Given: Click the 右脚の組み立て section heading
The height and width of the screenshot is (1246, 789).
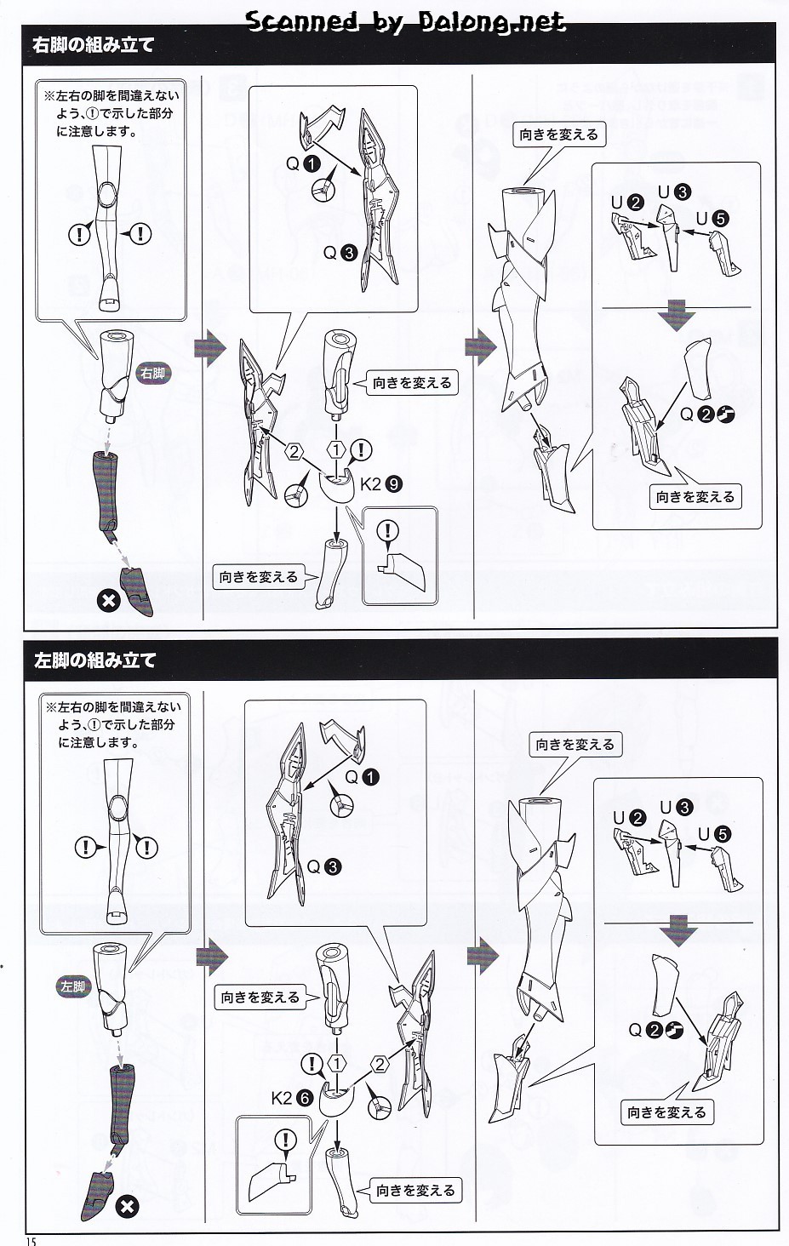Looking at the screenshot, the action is pos(93,44).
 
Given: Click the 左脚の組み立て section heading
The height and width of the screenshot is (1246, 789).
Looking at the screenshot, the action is pos(94,660).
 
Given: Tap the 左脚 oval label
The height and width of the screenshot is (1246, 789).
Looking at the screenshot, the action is pos(74,986).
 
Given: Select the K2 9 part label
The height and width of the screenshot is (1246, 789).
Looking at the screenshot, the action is pos(380,484).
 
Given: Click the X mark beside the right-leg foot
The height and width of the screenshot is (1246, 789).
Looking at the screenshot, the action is pos(108,601).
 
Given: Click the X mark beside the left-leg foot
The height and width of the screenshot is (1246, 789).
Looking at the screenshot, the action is pos(127,1207).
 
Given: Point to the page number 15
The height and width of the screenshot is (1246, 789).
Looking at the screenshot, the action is pos(30,1240).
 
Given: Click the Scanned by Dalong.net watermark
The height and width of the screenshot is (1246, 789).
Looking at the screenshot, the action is pos(406,22).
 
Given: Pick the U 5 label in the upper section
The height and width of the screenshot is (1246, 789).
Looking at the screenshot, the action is pos(712,219).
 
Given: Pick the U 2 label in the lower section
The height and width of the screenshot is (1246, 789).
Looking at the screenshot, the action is pos(629,818).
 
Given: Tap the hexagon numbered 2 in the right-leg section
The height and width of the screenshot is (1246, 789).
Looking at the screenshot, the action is pos(294,451).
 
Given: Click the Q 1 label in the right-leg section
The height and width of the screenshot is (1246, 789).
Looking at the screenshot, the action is pos(303,163).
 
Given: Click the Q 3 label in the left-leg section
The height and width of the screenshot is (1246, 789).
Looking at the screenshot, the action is pos(323,866).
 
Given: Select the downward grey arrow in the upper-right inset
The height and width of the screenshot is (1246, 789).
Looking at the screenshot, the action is pos(676,315).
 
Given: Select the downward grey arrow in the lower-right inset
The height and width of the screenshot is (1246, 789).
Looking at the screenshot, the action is pos(678,930).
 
